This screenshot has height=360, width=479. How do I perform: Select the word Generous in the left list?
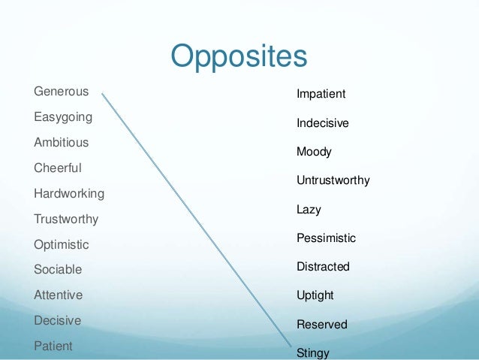(x=61, y=92)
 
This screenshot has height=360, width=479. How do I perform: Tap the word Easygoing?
(x=63, y=118)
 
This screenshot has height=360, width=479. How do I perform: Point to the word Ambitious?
(x=61, y=143)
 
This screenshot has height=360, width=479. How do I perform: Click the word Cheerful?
(x=57, y=168)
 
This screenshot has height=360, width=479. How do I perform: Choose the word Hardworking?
(x=69, y=193)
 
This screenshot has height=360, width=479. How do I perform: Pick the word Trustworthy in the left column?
(x=66, y=219)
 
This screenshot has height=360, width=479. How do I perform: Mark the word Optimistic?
(x=61, y=245)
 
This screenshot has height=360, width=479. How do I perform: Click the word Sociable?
(x=58, y=270)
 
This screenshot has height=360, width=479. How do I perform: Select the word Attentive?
(x=58, y=295)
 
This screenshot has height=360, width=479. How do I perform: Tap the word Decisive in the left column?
(x=57, y=320)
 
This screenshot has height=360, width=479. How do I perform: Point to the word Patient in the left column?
(x=53, y=346)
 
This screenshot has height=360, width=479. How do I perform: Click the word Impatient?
(x=321, y=94)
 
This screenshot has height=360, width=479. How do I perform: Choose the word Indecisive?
(x=322, y=123)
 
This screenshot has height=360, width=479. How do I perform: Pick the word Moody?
(x=314, y=152)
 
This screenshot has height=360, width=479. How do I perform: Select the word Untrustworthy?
(x=333, y=181)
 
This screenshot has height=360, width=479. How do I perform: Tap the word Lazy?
(x=309, y=210)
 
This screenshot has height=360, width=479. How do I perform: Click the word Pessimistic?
(x=326, y=238)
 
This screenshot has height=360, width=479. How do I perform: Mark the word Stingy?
(x=312, y=352)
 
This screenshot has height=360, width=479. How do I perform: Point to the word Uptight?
(x=315, y=295)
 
